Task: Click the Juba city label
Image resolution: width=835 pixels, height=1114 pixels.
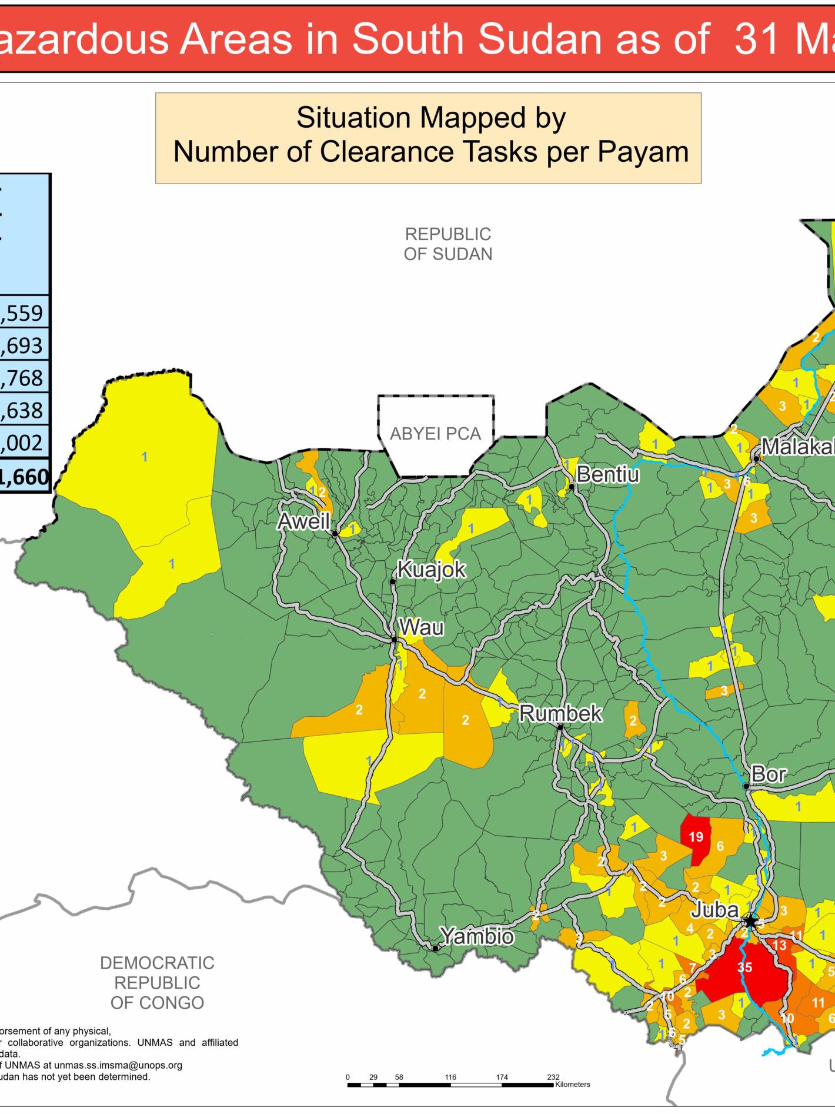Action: coord(714,910)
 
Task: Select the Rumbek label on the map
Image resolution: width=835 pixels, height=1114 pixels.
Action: coord(560,713)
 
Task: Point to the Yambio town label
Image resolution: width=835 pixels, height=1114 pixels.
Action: coord(476,936)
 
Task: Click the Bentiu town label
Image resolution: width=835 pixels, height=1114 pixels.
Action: coord(607,474)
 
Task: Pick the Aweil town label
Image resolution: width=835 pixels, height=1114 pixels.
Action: coord(303,521)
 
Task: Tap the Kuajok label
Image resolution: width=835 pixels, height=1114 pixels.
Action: coord(432,570)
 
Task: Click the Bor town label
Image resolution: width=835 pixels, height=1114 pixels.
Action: coord(768,774)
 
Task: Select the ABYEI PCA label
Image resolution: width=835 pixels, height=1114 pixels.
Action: coord(435,434)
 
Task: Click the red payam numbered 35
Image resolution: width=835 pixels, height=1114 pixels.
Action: coord(744,967)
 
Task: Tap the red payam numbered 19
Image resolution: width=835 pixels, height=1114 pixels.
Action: coord(696,837)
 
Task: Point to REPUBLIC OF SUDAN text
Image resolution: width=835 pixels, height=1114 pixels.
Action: coord(447,244)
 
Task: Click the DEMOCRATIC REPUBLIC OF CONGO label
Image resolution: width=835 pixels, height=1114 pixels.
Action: coord(157,983)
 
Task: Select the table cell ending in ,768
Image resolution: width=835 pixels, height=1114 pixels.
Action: coord(24,377)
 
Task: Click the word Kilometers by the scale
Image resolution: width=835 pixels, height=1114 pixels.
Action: coord(572,1085)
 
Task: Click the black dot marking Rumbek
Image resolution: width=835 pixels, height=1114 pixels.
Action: coord(560,728)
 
